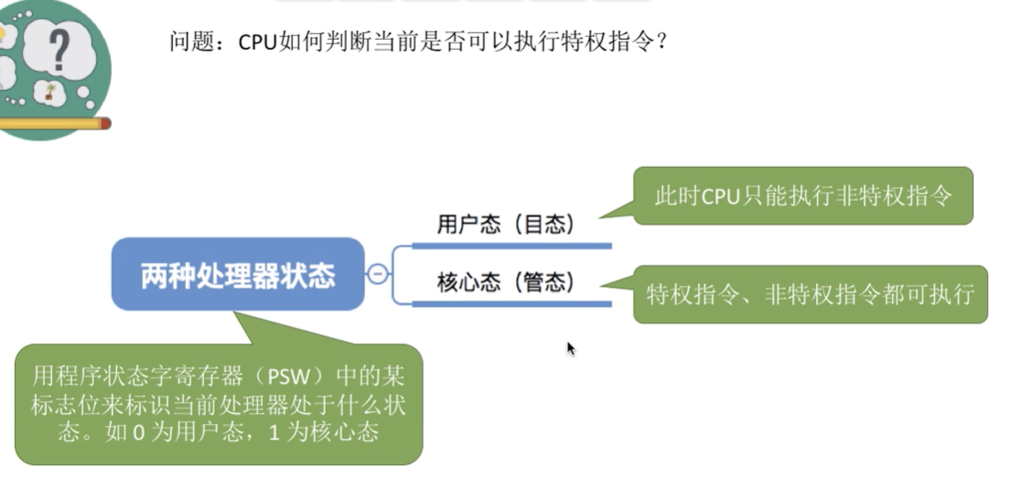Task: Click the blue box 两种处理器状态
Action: click(238, 274)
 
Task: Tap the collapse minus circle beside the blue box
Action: click(377, 274)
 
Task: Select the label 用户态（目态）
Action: click(506, 224)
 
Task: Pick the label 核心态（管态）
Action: click(506, 282)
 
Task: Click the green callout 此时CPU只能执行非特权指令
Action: click(803, 196)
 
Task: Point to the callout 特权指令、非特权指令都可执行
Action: click(810, 294)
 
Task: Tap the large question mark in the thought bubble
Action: click(59, 50)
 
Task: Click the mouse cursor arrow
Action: click(570, 348)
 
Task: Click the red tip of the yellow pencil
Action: click(105, 124)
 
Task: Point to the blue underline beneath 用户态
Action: click(512, 246)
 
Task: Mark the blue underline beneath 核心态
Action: click(512, 304)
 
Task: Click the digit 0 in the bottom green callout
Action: click(138, 433)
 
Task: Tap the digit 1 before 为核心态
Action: click(273, 433)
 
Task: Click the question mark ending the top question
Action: click(662, 41)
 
